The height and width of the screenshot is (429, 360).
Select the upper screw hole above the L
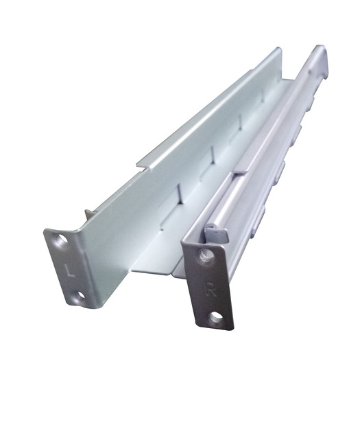pyautogui.click(x=61, y=241)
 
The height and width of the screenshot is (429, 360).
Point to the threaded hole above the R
pyautogui.click(x=205, y=256)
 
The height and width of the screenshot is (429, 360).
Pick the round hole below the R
pyautogui.click(x=217, y=317)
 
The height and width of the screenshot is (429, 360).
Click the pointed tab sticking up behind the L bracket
pyautogui.click(x=88, y=214)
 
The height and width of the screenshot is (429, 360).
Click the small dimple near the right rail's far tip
pyautogui.click(x=317, y=69)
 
